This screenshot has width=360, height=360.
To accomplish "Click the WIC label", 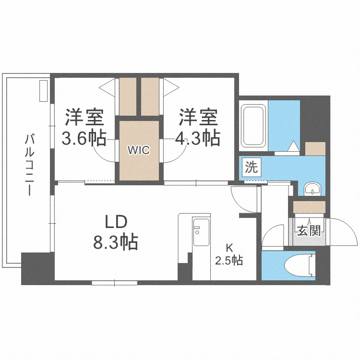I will [139, 150].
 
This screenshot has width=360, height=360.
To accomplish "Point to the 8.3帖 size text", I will [116, 242].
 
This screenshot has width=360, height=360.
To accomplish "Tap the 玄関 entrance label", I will [308, 231].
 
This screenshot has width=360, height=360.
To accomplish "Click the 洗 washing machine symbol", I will [252, 168].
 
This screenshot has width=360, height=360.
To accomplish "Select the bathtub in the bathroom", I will [253, 126].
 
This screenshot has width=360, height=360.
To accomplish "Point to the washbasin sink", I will [313, 188].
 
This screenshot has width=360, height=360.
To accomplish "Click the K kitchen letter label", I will [229, 248].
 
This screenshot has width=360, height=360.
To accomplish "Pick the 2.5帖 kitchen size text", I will [229, 261].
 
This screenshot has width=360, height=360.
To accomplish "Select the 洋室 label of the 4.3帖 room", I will [198, 117].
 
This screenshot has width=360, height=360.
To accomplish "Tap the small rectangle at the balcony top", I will [44, 91].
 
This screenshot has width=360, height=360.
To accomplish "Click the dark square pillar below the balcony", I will [36, 268].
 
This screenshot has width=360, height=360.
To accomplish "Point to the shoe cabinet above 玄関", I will [309, 207].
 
